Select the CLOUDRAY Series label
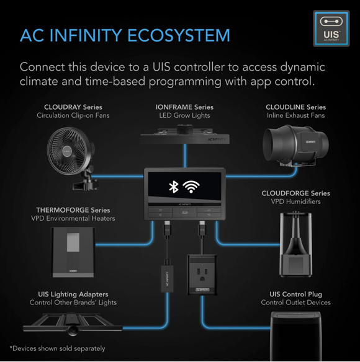pyautogui.click(x=73, y=107)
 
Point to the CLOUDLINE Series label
pyautogui.click(x=295, y=107)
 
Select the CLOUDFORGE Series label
pyautogui.click(x=295, y=193)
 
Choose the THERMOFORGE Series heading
pyautogui.click(x=73, y=210)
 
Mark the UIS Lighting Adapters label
pyautogui.click(x=73, y=294)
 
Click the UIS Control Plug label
pyautogui.click(x=295, y=294)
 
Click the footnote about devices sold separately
pyautogui.click(x=57, y=348)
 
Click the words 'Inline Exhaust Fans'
pyautogui.click(x=295, y=116)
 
